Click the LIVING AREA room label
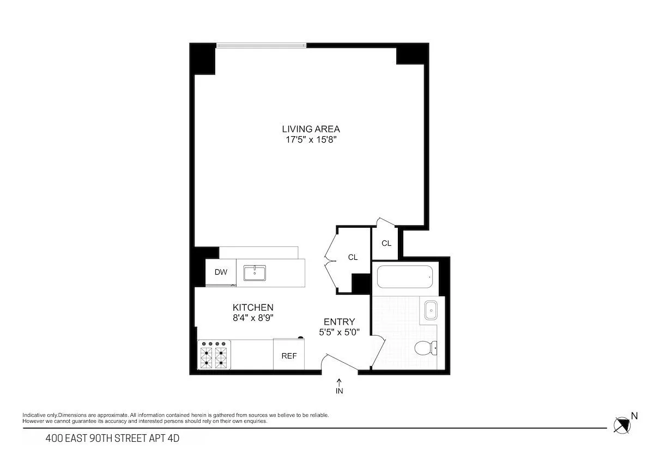(x=311, y=129)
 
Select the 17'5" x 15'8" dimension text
(x=311, y=140)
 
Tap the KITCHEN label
(x=253, y=308)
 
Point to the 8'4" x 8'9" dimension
(x=253, y=318)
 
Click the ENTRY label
(x=339, y=322)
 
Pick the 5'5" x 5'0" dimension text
(x=339, y=332)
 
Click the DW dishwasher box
(x=221, y=272)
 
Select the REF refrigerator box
(x=289, y=356)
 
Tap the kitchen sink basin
(x=255, y=273)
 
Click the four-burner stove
(x=214, y=355)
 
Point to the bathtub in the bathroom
(x=404, y=277)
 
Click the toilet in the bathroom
(x=425, y=348)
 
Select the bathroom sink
(x=431, y=311)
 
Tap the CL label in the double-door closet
(x=353, y=257)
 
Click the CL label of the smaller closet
(x=386, y=244)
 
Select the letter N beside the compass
(x=634, y=416)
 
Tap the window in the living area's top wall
(x=262, y=45)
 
